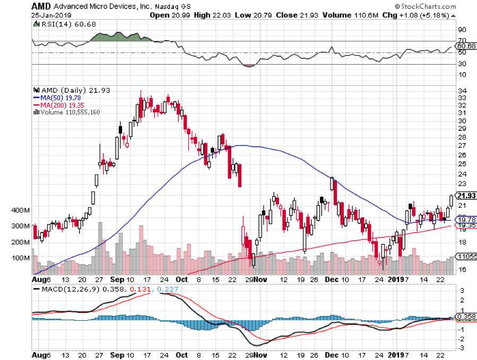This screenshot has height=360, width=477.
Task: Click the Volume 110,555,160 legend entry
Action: (69, 112)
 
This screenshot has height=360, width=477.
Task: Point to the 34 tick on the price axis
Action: (462, 91)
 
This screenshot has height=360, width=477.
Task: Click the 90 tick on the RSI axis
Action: (462, 30)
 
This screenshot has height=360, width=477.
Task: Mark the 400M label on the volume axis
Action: (23, 210)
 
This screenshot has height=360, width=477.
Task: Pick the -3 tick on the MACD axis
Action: (462, 348)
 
